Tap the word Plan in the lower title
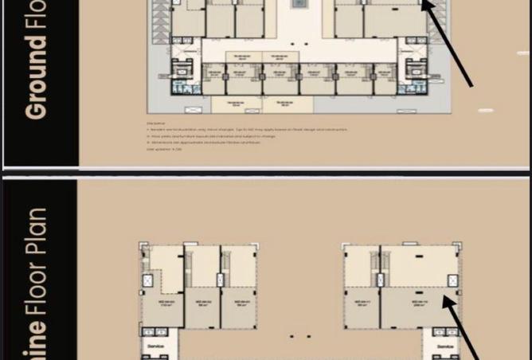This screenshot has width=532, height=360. point(37,231)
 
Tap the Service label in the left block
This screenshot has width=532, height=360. point(156,347)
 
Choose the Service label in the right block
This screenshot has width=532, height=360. point(444,347)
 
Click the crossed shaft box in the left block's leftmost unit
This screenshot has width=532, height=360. point(147,281)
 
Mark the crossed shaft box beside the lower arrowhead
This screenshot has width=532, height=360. point(452,281)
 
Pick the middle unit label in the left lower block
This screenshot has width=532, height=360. point(203,303)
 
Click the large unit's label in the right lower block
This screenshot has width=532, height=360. point(419,303)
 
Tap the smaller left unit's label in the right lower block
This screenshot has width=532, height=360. point(362,303)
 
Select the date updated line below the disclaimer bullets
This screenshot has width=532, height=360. point(164,149)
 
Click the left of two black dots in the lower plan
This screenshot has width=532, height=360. point(292,337)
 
